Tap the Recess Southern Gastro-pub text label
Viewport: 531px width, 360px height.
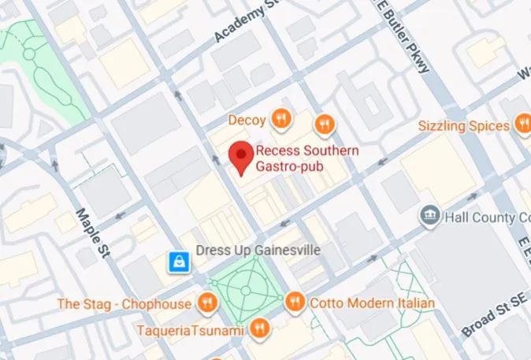(x=307, y=158)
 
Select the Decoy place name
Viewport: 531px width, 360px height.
(x=247, y=121)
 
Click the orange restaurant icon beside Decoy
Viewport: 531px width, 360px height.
(x=280, y=120)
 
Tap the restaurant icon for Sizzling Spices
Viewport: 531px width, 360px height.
(x=522, y=124)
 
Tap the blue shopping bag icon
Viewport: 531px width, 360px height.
(x=180, y=261)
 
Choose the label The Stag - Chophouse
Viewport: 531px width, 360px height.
(x=124, y=303)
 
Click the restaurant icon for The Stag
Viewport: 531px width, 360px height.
(x=206, y=302)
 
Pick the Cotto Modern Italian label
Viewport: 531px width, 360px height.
(x=372, y=303)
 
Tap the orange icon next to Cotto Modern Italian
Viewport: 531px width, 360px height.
(x=295, y=301)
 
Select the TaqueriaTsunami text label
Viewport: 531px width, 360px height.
(x=189, y=330)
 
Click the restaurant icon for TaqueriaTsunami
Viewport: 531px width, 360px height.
(x=258, y=328)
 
